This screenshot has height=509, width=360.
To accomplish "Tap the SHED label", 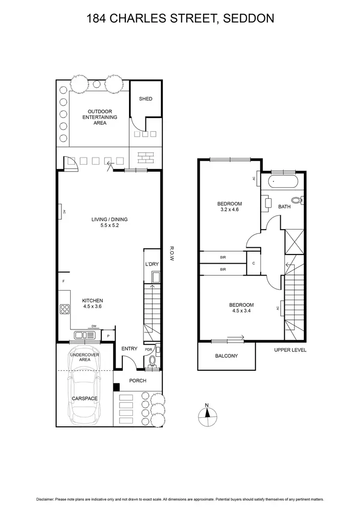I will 145,99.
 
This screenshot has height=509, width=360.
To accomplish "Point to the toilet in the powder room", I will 153,361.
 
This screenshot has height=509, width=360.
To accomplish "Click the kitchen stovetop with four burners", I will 64,310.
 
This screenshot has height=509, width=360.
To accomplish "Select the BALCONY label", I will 226,356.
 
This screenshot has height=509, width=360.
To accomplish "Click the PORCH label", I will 138,381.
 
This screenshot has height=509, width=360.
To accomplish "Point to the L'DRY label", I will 152,265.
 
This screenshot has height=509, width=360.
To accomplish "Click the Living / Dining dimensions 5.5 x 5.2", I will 109,225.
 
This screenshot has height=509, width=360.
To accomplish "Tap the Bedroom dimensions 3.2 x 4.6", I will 229,209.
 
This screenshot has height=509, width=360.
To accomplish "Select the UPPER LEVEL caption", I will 290,350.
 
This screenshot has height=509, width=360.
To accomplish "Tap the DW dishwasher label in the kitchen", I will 94,327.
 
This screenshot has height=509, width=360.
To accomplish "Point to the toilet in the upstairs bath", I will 296,200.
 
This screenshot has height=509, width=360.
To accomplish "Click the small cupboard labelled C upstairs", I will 253,263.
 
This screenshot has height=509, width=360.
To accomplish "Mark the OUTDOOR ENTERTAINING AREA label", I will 100,117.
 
